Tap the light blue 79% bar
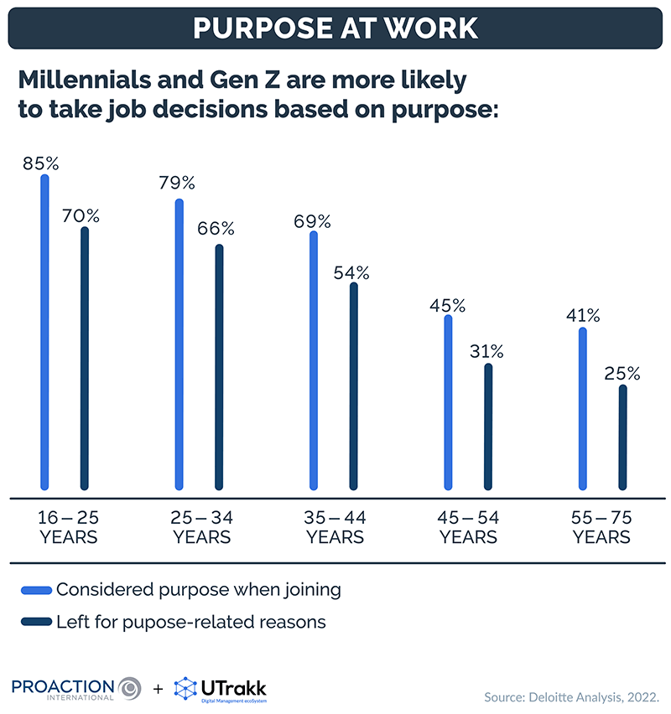[x=179, y=344]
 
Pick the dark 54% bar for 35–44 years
[x=353, y=385]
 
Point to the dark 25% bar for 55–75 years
[x=622, y=437]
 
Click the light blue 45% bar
[x=448, y=401]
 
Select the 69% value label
[x=312, y=222]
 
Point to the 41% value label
[x=582, y=316]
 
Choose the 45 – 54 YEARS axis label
[x=469, y=525]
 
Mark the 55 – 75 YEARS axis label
[x=601, y=525]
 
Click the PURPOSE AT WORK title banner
[x=335, y=26]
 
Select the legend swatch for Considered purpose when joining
[x=34, y=589]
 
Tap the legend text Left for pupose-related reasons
[x=191, y=622]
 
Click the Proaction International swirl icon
[x=131, y=687]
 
